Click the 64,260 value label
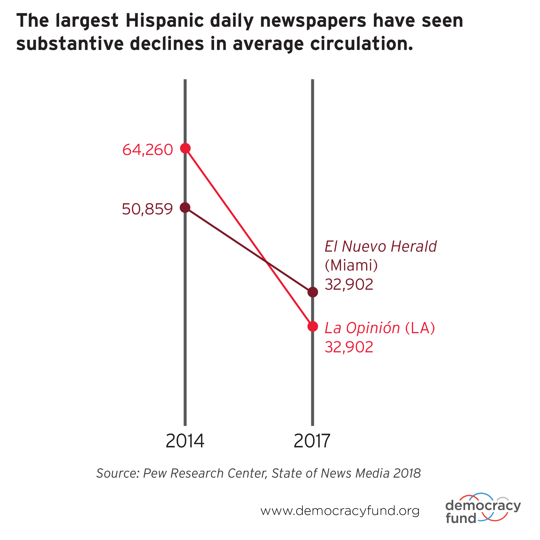point(148,150)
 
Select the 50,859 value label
point(147,209)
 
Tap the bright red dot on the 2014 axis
point(185,148)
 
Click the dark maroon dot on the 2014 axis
point(185,207)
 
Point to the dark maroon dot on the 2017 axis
point(312,292)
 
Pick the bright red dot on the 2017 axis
point(312,326)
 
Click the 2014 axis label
point(185,441)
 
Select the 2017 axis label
point(312,441)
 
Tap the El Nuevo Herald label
point(380,247)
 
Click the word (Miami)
point(351,265)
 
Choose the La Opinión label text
point(362,328)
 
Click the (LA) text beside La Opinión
point(420,328)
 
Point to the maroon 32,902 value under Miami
point(349,285)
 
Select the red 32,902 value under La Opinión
point(349,347)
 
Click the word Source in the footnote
point(118,473)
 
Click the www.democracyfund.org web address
point(340,511)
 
